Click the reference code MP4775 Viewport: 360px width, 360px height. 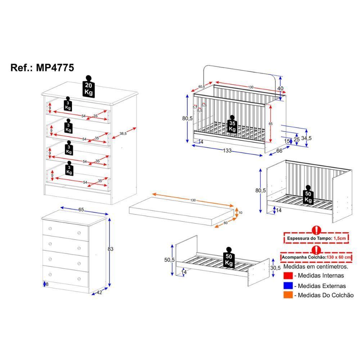pos(55,68)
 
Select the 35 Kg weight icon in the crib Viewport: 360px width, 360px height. pos(232,124)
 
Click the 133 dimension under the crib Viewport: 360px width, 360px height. pos(227,150)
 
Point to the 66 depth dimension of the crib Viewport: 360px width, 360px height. pos(279,151)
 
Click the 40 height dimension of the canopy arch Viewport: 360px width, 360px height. pos(280,89)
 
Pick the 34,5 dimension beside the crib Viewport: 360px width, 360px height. pos(306,138)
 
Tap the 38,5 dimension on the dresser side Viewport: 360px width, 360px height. pos(123,134)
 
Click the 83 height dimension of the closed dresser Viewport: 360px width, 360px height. pos(111,249)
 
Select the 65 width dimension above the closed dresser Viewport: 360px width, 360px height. pos(81,210)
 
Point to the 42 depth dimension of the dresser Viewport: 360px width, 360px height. pos(99,292)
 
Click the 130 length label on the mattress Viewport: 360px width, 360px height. pos(193,200)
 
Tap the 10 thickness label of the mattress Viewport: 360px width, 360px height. pos(240,213)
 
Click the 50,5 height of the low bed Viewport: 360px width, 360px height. pos(170,260)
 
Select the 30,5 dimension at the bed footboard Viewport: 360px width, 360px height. pos(275,268)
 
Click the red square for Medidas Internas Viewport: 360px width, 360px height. pos(288,275)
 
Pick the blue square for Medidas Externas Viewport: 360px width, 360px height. pos(288,285)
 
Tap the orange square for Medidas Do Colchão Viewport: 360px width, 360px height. pos(288,295)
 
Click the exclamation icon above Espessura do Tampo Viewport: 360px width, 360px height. pos(316,230)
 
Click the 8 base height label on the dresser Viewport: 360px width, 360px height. pos(47,284)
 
